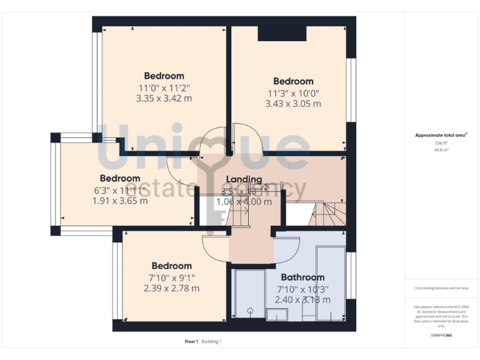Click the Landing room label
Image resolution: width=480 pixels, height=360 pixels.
[244, 179]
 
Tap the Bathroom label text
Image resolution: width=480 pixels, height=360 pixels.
[302, 277]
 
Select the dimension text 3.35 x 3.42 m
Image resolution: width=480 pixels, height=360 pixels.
[164, 98]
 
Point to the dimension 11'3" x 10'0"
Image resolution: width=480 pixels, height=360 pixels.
[293, 92]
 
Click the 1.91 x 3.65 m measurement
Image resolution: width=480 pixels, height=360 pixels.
[120, 201]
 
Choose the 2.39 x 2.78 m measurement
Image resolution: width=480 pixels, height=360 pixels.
[171, 288]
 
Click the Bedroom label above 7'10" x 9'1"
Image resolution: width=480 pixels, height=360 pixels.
[171, 266]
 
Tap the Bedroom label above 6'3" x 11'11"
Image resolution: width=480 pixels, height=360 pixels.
[120, 178]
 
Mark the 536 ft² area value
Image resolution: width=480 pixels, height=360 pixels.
[441, 143]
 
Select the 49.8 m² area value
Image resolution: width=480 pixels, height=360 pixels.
[441, 150]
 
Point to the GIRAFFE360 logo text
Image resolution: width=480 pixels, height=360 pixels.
[441, 336]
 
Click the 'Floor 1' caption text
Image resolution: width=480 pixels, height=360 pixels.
[191, 341]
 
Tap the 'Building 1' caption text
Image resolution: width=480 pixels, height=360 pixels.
[211, 341]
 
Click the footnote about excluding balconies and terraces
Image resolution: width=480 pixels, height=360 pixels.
[441, 288]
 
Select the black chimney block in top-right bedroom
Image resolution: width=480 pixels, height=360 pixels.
[282, 34]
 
